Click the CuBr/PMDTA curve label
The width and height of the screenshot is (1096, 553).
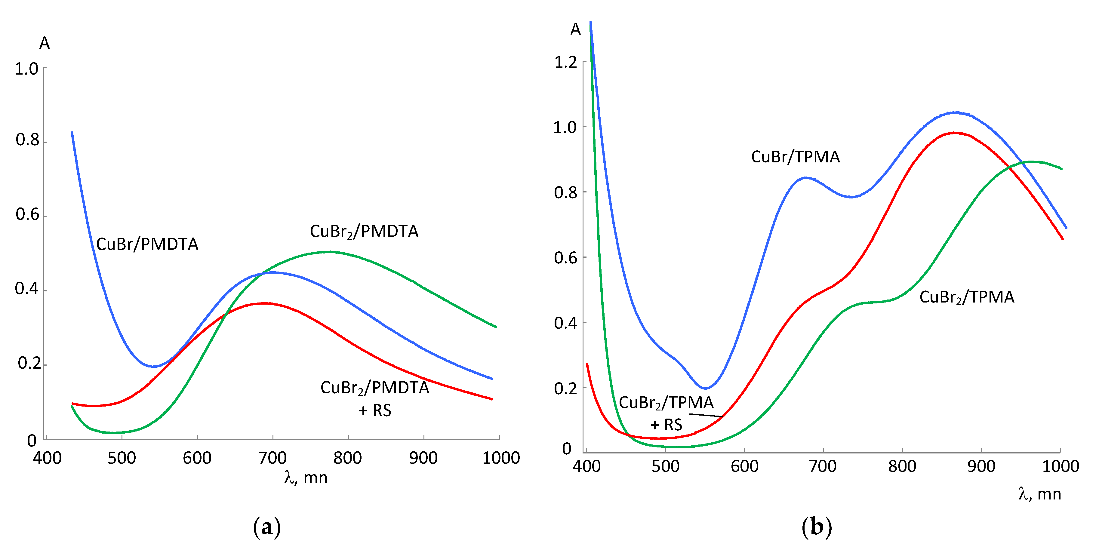pos(147,244)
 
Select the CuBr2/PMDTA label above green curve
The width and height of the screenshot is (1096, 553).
pos(364,232)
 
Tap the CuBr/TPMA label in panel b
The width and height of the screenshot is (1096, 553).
pos(795,157)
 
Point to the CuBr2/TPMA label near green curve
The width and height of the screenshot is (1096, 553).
pos(967,297)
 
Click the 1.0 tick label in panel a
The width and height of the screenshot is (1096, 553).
pos(26,69)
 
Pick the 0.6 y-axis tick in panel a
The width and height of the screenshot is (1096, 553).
pos(27,214)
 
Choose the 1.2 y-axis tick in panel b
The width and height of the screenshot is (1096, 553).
pos(565,63)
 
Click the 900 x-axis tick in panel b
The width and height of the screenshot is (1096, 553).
pos(981,466)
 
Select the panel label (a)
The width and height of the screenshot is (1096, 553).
pos(267,527)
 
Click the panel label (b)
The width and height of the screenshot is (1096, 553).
pos(817,527)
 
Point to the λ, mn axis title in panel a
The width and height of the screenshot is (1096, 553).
pos(306,478)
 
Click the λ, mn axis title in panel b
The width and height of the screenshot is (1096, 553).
pos(1040,494)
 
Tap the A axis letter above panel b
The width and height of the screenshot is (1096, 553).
pos(575,29)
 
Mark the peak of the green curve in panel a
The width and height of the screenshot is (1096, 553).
pos(330,252)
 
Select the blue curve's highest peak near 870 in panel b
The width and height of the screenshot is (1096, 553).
pos(956,112)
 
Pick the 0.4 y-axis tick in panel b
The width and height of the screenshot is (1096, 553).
pos(565,323)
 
